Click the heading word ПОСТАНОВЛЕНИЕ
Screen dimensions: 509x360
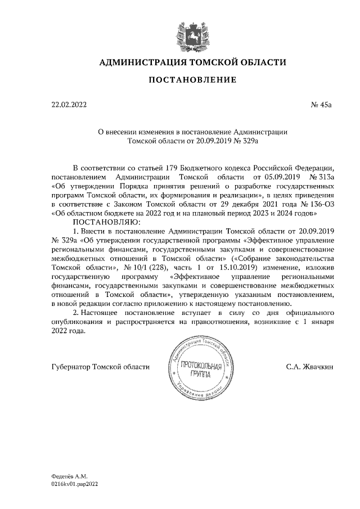(192, 80)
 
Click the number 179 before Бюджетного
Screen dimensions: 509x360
(173, 168)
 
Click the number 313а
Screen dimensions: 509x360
(322, 177)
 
